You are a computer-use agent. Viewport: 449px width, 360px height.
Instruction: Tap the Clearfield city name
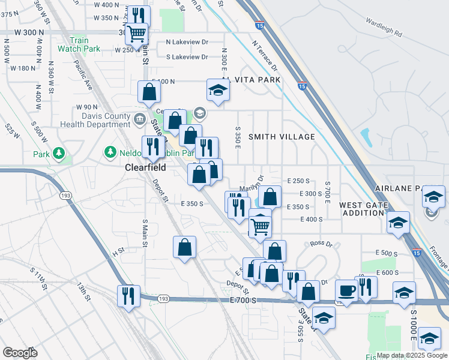click(145, 168)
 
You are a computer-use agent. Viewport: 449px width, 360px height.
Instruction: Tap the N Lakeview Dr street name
click(187, 42)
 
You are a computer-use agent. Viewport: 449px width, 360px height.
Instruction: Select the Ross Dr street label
click(321, 244)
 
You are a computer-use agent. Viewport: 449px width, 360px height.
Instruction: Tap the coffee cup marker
click(346, 291)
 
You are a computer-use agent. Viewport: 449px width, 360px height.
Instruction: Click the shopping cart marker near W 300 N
click(136, 34)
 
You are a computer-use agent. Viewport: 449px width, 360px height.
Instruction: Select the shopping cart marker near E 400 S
click(260, 226)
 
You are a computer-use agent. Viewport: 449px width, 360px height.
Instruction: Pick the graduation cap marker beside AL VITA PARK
click(218, 91)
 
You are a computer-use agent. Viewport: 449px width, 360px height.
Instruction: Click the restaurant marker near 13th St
click(128, 295)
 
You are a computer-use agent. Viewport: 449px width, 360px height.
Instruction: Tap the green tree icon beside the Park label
click(58, 154)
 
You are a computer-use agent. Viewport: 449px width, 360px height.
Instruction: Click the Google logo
click(20, 353)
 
